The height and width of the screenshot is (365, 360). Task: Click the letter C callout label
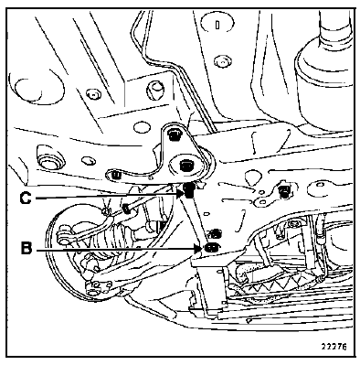pos(26,199)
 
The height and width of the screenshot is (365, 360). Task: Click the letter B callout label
pos(26,248)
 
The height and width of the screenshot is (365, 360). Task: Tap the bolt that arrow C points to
pos(189,190)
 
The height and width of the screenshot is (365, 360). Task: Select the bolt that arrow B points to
pos(210,247)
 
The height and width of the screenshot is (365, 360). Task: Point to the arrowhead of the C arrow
pos(180,193)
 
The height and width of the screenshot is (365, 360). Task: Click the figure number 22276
pos(334,347)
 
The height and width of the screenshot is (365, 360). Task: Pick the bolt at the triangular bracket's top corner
pos(174,134)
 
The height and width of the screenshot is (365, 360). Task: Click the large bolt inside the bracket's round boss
pos(185,166)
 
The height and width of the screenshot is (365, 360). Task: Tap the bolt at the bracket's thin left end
pos(115,175)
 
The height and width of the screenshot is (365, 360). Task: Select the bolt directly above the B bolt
pos(216,233)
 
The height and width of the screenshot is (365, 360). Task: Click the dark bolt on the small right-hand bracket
pos(284,190)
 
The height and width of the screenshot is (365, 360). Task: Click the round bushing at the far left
pos(50,161)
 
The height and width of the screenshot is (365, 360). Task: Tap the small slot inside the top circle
pos(217,25)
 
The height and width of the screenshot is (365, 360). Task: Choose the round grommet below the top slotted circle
pos(221,60)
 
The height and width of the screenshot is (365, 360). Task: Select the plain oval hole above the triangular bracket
pos(142,126)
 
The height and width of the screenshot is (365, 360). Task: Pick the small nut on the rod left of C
pos(125,209)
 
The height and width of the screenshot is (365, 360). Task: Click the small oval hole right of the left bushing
pos(89,161)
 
